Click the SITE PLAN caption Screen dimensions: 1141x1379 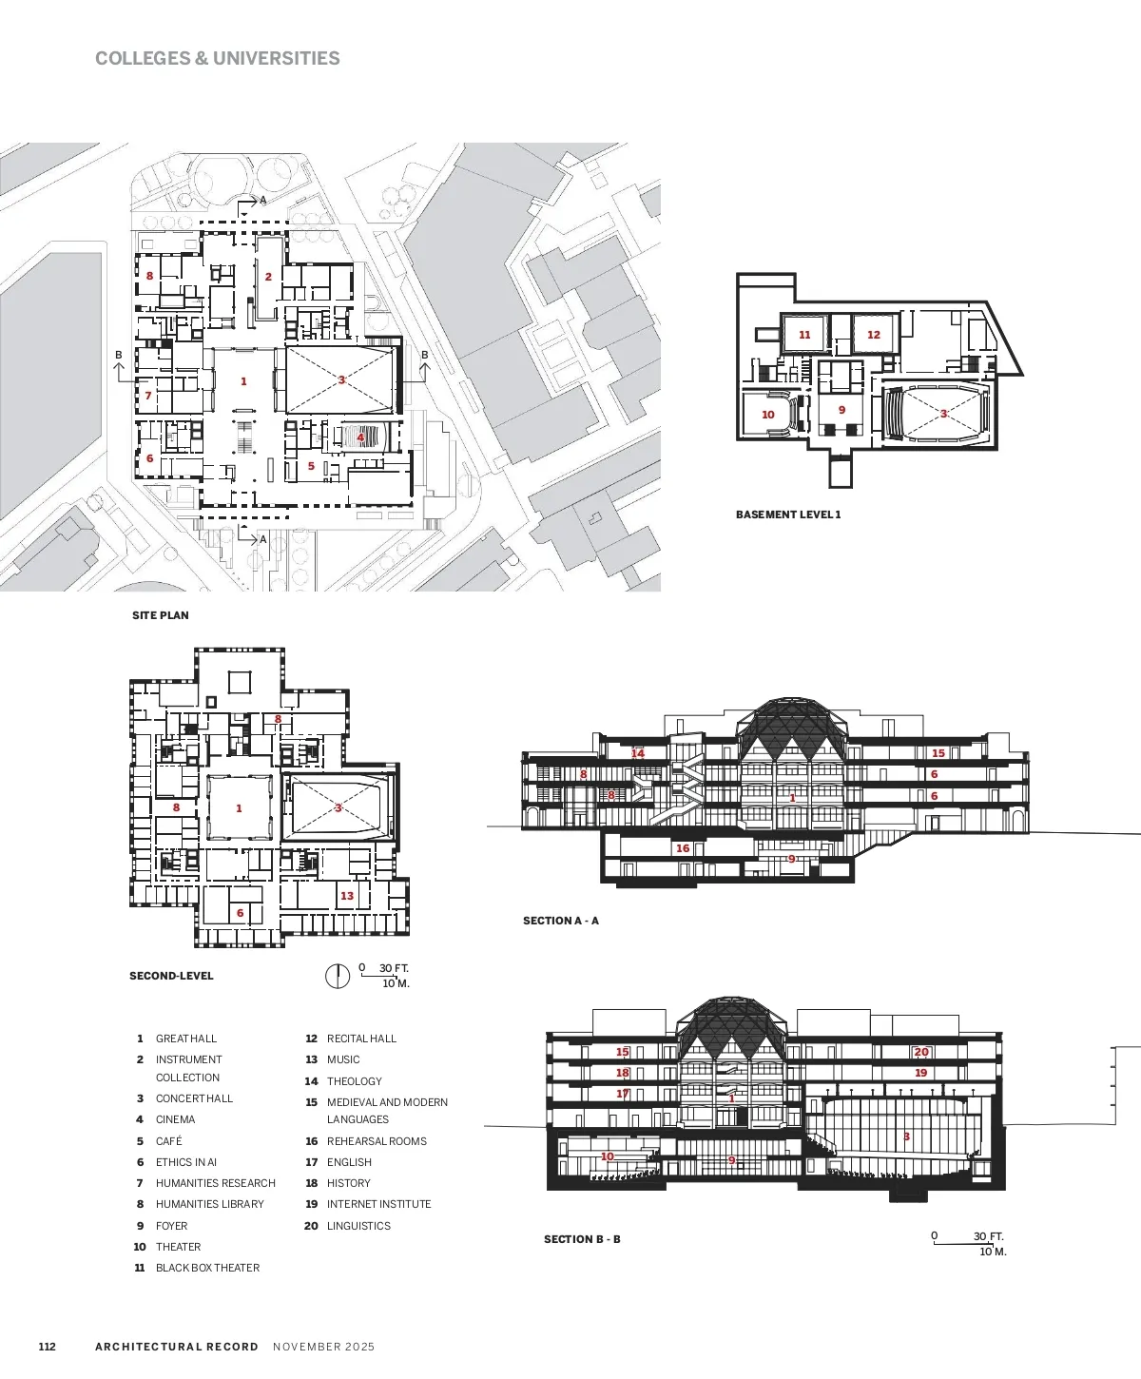[161, 615]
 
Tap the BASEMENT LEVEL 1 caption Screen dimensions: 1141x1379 [788, 514]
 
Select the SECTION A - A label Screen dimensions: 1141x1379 [561, 920]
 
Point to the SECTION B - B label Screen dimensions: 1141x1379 [582, 1239]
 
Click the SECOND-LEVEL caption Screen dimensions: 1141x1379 [172, 976]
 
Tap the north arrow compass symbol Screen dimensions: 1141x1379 [338, 976]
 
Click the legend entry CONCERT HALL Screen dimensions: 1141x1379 [194, 1098]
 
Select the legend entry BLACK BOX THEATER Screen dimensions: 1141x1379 [207, 1268]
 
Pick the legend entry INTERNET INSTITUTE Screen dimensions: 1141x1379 [379, 1204]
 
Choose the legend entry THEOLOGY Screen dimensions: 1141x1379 [355, 1081]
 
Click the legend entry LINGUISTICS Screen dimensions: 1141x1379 [358, 1226]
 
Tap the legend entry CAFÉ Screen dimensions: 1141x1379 [168, 1140]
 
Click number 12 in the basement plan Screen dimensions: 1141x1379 [874, 335]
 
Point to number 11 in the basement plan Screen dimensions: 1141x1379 [804, 335]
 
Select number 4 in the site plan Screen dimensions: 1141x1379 [360, 437]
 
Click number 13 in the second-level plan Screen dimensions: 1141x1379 [347, 896]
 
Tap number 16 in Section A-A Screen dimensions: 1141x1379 [683, 848]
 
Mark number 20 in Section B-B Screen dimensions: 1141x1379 [921, 1052]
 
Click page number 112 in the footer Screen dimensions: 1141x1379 [47, 1347]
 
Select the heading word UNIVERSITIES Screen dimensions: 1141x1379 [277, 58]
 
